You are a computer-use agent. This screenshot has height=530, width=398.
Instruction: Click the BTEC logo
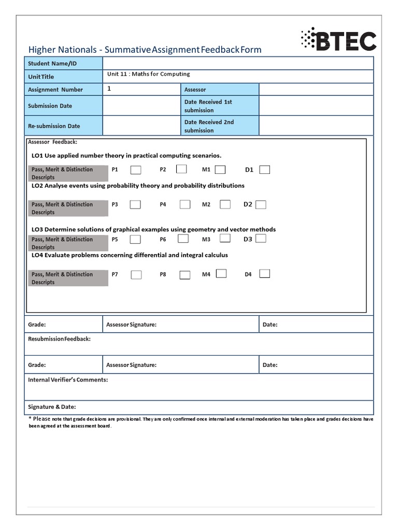click(x=338, y=40)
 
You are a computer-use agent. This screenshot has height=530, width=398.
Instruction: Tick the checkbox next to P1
click(x=135, y=170)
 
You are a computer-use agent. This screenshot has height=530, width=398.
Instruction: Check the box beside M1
click(x=220, y=169)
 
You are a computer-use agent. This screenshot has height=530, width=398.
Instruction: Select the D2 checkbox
click(x=261, y=204)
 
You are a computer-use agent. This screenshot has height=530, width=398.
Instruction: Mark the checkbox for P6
click(x=183, y=239)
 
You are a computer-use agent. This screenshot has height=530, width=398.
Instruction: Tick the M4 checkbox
click(x=221, y=274)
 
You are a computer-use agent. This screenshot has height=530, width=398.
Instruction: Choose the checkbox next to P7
click(x=136, y=275)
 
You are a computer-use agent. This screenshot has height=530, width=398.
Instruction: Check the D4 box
click(x=264, y=274)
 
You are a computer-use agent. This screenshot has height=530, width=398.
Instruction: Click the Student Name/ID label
click(x=48, y=63)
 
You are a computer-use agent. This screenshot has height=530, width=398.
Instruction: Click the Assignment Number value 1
click(x=109, y=89)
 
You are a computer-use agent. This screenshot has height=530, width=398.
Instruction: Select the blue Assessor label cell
click(x=220, y=90)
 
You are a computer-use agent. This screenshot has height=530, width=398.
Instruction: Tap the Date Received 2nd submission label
click(x=209, y=126)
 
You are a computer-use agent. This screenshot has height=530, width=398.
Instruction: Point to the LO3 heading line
click(x=153, y=229)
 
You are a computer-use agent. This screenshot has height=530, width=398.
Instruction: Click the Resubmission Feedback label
click(x=59, y=339)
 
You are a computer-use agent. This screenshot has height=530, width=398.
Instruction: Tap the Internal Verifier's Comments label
click(x=68, y=380)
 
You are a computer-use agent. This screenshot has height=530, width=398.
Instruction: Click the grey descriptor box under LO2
click(x=67, y=208)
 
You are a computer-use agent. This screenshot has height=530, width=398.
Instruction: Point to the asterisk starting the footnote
click(x=31, y=418)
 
